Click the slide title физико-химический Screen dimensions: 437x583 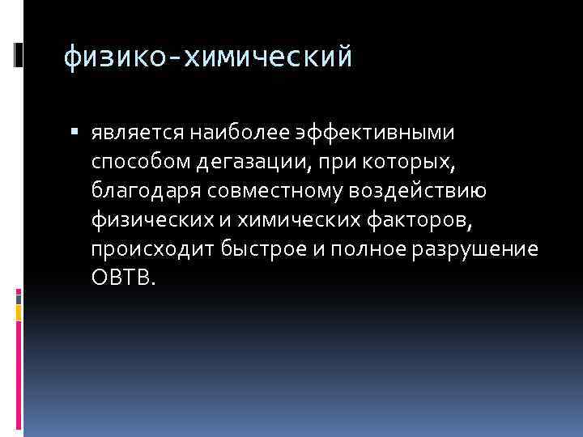208,57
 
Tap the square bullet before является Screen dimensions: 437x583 74,131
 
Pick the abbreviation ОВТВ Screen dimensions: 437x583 121,278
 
